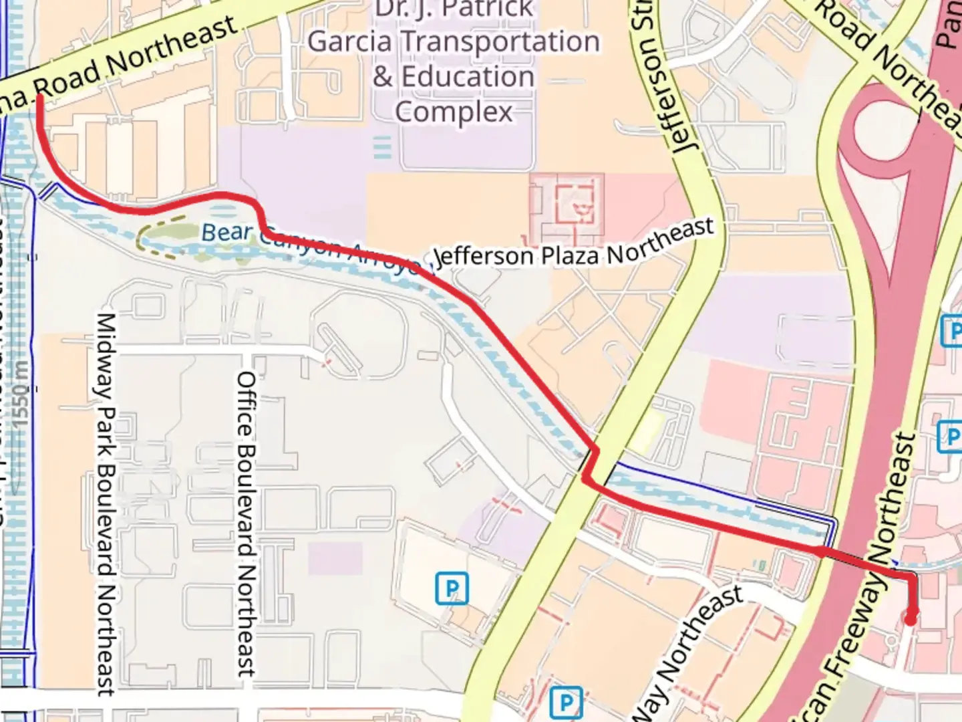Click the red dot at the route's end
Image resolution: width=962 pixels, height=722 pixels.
(x=910, y=619)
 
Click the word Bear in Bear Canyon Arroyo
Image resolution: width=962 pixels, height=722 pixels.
(x=227, y=232)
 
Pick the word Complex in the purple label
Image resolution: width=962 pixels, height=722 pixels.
(x=454, y=112)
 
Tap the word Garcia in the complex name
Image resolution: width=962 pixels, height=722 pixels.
(x=349, y=41)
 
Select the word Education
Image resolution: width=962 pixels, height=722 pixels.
(x=468, y=77)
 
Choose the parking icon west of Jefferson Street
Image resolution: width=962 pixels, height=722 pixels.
(x=452, y=588)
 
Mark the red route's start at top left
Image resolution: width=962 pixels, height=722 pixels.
(x=39, y=98)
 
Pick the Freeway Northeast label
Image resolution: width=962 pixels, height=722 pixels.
(x=862, y=582)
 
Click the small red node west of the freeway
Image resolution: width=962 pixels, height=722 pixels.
(x=820, y=551)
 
